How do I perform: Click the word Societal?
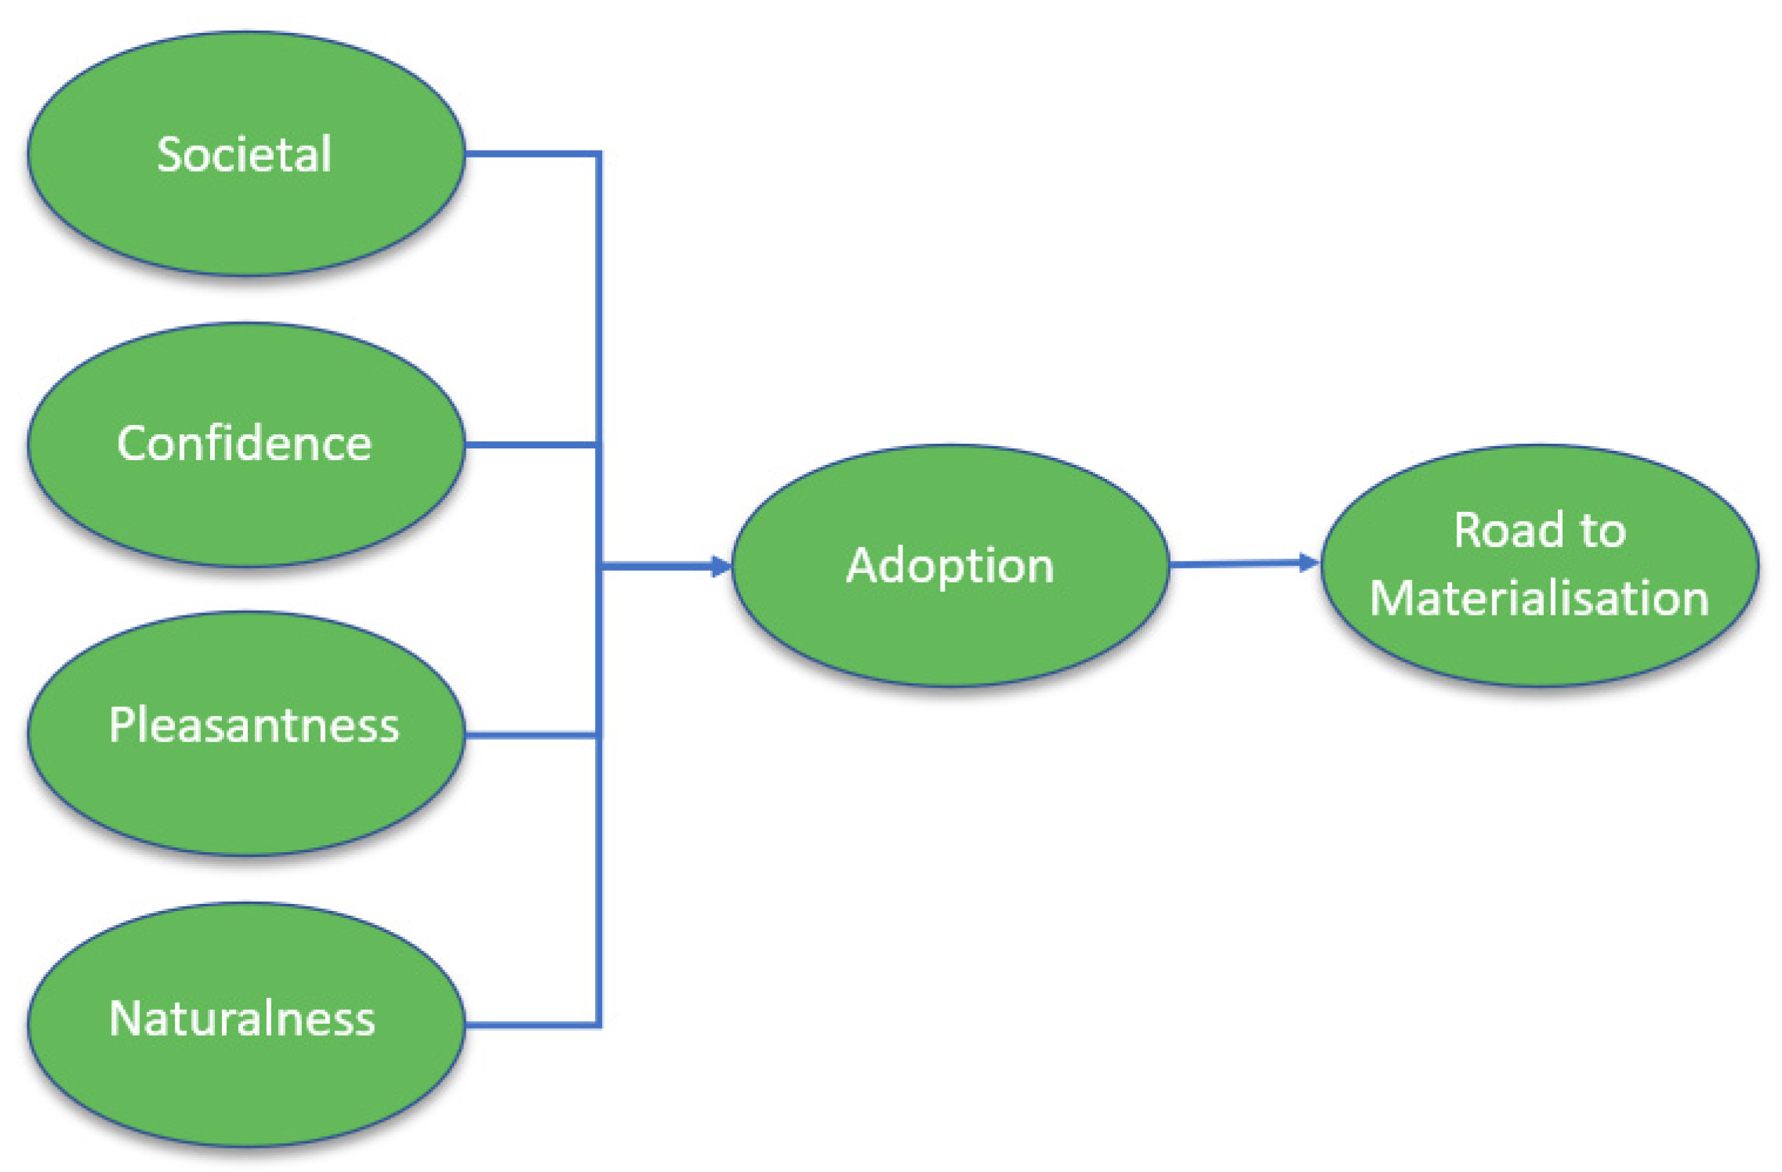[244, 154]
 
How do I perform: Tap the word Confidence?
[244, 444]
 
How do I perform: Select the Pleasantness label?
[253, 724]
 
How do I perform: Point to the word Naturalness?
[242, 1018]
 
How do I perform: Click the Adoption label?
[949, 565]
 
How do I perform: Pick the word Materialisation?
[1538, 599]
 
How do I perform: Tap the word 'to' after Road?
[1602, 532]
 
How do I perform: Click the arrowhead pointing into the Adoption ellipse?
[720, 566]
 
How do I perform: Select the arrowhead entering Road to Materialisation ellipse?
[1308, 562]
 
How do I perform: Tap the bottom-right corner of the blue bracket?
[599, 1024]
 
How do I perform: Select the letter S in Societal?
[169, 154]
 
